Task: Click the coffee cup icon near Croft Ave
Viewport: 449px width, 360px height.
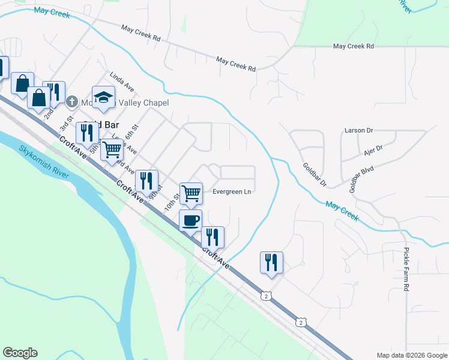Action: [191, 220]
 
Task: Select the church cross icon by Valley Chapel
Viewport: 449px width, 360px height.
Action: [72, 102]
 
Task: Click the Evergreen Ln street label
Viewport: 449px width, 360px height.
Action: [232, 192]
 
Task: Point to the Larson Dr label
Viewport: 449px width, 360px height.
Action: [359, 130]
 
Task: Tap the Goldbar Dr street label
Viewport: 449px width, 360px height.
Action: [314, 175]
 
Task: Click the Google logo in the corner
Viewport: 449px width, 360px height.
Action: [20, 353]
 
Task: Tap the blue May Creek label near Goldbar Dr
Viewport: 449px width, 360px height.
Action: [342, 212]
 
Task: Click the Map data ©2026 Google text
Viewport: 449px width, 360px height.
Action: [411, 355]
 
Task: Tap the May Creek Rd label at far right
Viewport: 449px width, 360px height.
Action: [354, 46]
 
